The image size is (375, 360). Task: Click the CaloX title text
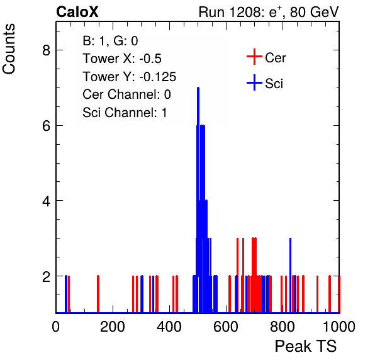77,12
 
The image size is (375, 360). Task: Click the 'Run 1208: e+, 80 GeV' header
269,12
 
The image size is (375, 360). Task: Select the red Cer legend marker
254,57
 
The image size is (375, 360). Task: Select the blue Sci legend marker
254,82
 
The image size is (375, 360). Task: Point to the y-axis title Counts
9,49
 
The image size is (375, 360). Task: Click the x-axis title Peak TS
306,346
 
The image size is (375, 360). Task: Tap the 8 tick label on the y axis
47,50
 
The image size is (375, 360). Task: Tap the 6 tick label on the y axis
47,126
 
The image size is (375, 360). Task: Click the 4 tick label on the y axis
47,201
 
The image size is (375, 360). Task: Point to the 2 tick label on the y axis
47,276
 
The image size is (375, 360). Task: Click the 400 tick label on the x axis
169,326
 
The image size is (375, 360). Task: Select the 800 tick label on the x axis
283,326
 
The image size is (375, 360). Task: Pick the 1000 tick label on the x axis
339,326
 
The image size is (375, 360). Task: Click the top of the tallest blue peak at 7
198,87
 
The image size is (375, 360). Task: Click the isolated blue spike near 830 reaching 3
290,275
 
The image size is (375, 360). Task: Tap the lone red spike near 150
98,294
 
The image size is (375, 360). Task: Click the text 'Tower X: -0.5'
122,59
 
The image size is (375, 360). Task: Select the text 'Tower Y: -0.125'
130,77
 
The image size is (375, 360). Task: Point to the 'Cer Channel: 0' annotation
126,94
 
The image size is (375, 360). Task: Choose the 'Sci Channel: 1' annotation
125,113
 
